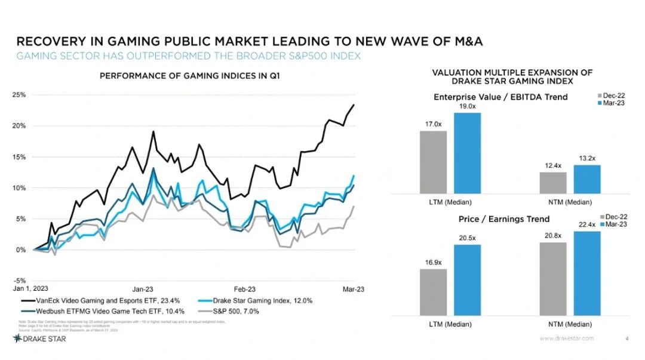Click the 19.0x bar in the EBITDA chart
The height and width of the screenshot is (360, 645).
point(467,153)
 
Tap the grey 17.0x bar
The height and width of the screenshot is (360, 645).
point(433,162)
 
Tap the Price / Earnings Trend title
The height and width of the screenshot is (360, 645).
point(504,219)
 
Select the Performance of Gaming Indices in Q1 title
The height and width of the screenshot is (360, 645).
point(189,76)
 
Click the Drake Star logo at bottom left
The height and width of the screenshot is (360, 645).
point(39,339)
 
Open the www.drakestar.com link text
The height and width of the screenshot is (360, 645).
point(567,339)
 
